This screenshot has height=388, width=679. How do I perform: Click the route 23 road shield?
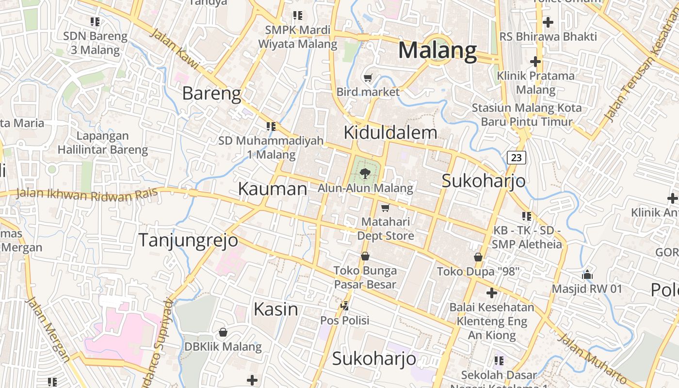(517, 157)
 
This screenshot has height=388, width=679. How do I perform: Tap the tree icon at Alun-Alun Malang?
(366, 172)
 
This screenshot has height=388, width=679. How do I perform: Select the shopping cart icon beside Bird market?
(368, 78)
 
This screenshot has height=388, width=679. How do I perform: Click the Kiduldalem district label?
(390, 132)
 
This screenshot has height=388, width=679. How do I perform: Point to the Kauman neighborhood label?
(273, 189)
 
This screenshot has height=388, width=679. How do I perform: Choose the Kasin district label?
(276, 309)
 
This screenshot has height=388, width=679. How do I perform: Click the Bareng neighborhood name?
(211, 93)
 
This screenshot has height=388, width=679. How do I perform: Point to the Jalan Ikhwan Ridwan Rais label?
(87, 194)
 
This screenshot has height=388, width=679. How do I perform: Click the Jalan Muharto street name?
(592, 357)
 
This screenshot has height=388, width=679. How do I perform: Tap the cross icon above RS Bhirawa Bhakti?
(548, 22)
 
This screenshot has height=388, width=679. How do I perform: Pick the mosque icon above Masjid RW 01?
(587, 275)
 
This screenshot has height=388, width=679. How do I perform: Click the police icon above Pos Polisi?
(345, 306)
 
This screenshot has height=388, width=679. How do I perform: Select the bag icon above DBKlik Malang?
(223, 332)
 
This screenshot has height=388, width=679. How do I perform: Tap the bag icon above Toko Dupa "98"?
(478, 257)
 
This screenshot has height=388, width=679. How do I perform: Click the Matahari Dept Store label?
(386, 229)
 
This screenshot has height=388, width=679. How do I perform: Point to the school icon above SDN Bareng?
(95, 21)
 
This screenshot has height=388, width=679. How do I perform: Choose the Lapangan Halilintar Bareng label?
(103, 143)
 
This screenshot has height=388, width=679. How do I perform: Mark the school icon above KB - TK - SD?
(527, 216)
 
